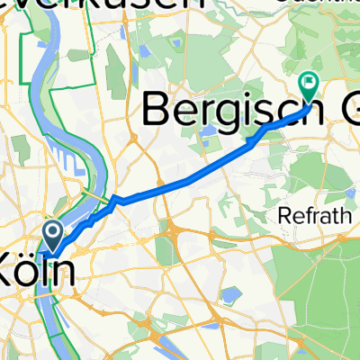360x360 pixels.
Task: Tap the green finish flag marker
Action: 310,86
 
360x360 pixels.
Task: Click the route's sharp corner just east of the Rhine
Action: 114,198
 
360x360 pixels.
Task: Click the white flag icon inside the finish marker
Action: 310,83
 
